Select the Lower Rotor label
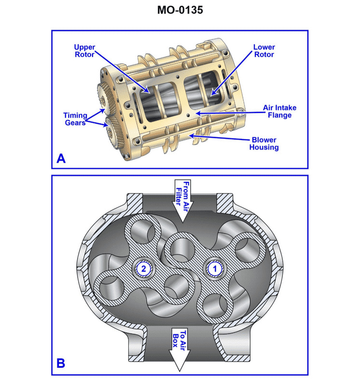click(x=264, y=51)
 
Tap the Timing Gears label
click(x=75, y=119)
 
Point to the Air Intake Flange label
click(x=277, y=111)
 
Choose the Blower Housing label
click(x=264, y=143)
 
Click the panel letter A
click(x=61, y=158)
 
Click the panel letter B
click(x=61, y=363)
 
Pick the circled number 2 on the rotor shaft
click(x=144, y=267)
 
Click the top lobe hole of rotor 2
click(x=143, y=233)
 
